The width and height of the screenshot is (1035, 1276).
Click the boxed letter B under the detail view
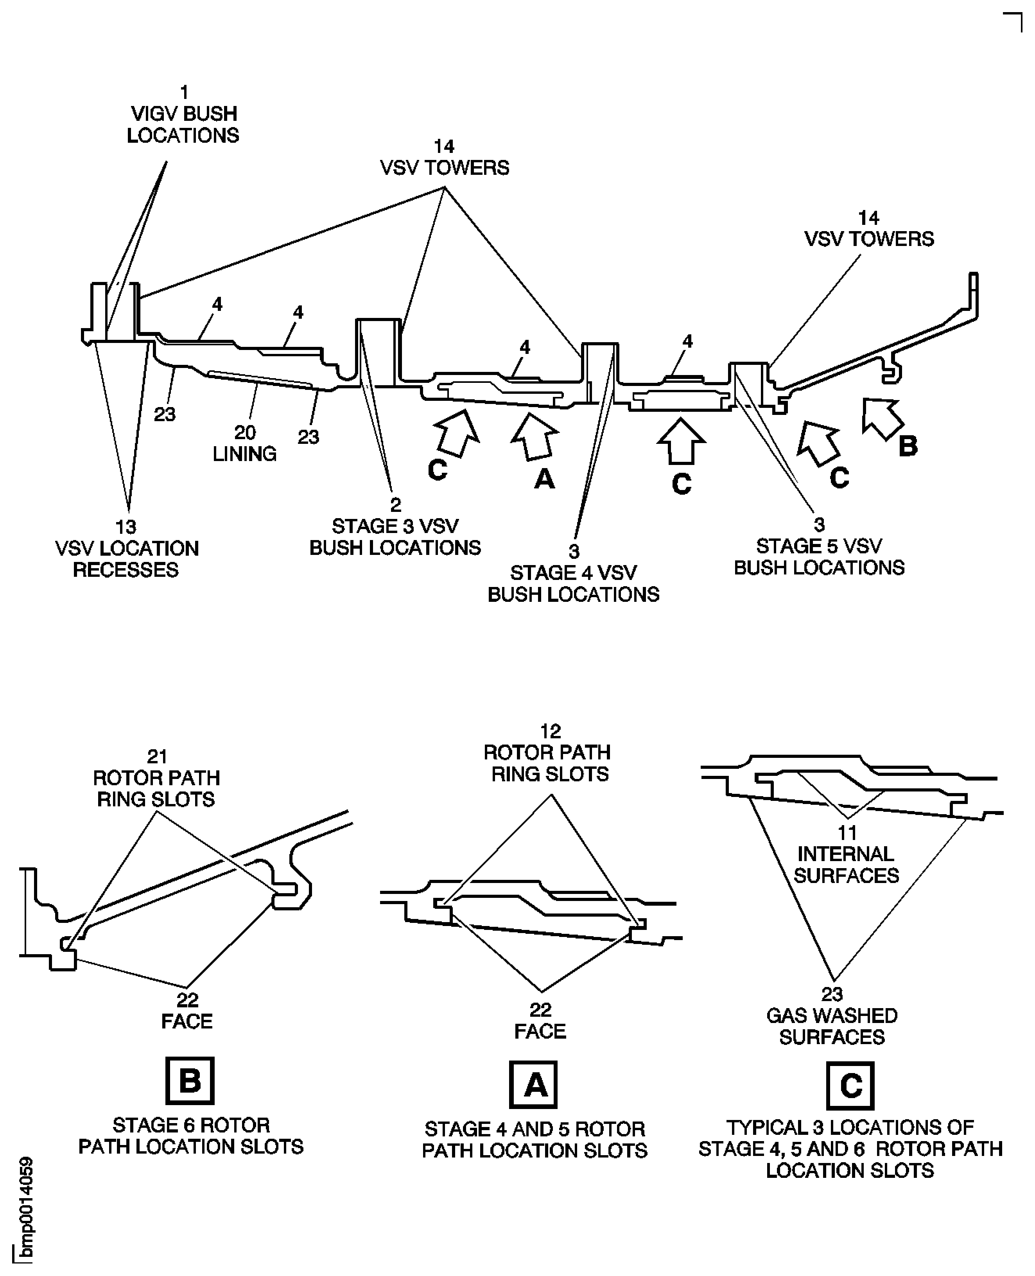pyautogui.click(x=190, y=1080)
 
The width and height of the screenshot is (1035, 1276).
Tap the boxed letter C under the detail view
pyautogui.click(x=850, y=1085)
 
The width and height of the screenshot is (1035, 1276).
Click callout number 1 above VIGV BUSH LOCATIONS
pyautogui.click(x=184, y=92)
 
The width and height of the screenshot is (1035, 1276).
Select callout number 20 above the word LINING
pyautogui.click(x=245, y=432)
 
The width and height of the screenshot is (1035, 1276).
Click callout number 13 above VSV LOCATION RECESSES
pyautogui.click(x=126, y=527)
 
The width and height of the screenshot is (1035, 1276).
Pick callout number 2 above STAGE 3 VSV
pyautogui.click(x=395, y=505)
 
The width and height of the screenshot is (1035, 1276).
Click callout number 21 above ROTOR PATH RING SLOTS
pyautogui.click(x=157, y=757)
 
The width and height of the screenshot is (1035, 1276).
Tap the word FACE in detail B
pyautogui.click(x=187, y=1021)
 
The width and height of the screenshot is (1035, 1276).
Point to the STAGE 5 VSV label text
pyautogui.click(x=819, y=546)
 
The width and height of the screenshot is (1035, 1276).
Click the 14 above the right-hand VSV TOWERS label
pyautogui.click(x=869, y=218)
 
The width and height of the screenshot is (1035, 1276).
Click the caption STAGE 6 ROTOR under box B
pyautogui.click(x=191, y=1125)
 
